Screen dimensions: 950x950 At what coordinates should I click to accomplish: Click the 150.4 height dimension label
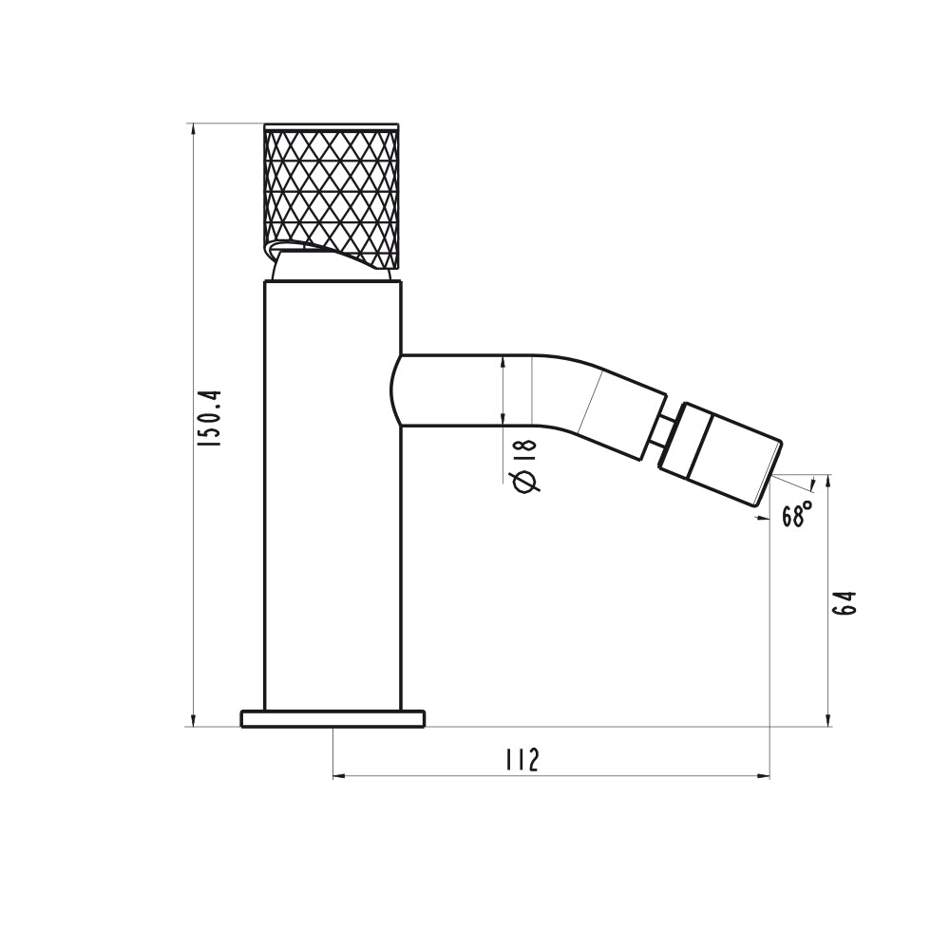(x=212, y=419)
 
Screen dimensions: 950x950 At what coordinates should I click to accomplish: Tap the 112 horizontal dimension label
(x=522, y=760)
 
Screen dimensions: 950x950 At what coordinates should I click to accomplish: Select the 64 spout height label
(x=845, y=602)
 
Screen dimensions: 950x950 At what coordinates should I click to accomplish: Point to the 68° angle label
(x=796, y=514)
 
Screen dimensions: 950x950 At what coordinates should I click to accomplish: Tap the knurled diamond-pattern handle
(x=332, y=196)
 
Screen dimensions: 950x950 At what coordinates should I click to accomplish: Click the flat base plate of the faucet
(x=332, y=718)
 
